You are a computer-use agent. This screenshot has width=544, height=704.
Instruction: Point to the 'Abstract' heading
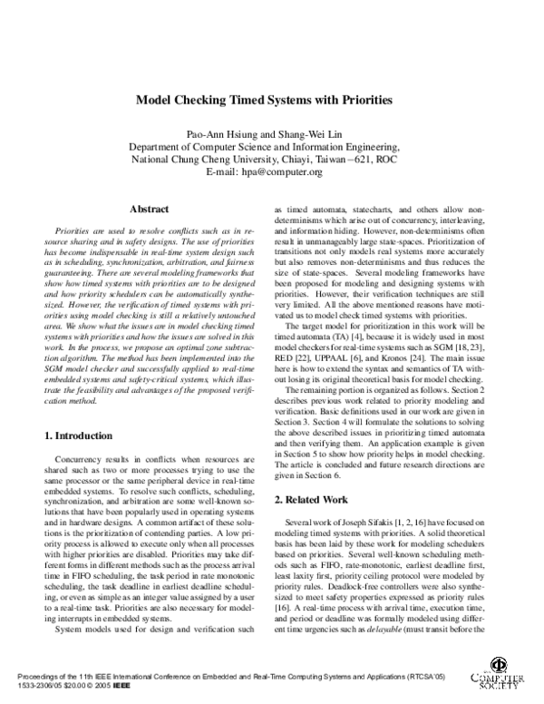(150, 208)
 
